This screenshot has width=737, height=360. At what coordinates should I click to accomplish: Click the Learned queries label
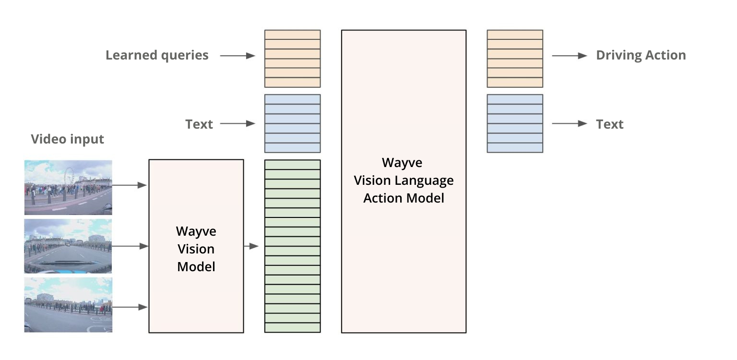coord(157,55)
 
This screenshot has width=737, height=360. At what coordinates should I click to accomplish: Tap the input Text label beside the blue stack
coord(199,124)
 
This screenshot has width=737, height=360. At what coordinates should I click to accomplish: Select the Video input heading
coord(67,139)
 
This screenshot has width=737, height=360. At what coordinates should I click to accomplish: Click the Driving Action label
coord(641,55)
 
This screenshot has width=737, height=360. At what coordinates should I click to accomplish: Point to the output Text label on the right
coord(609,124)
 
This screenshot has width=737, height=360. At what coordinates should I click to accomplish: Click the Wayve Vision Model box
coord(196,246)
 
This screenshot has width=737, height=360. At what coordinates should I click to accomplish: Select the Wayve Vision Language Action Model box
coord(404,181)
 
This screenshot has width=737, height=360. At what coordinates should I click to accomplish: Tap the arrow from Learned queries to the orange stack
coord(237,56)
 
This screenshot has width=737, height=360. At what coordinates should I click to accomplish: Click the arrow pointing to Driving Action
coord(569,56)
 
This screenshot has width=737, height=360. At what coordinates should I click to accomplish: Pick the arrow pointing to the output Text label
coord(569,124)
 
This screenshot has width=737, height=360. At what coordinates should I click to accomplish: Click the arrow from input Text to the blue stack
coord(237,124)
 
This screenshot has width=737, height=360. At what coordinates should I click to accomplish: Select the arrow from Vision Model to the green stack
coord(251,246)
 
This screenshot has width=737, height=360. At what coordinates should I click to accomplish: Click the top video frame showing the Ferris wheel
coord(68,187)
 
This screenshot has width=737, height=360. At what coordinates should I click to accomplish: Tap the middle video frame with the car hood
coord(68,246)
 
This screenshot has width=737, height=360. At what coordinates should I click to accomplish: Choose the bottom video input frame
coord(68,304)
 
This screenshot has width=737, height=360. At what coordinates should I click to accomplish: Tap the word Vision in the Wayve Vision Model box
coord(196,249)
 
